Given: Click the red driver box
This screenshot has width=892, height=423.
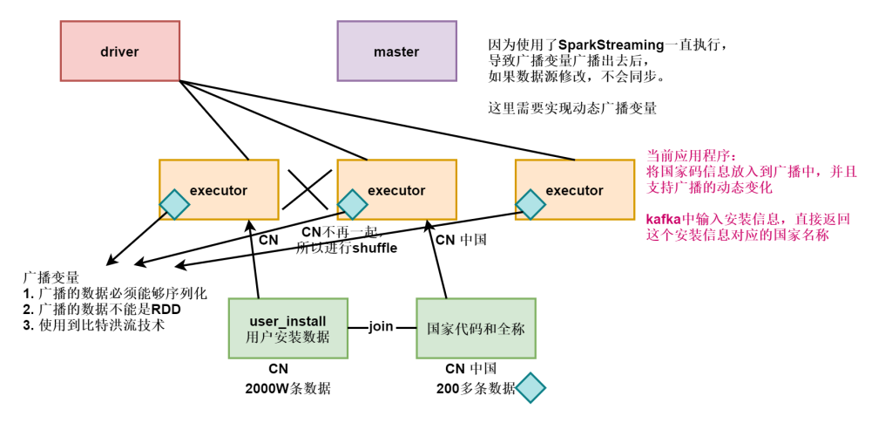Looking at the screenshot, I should [x=119, y=51].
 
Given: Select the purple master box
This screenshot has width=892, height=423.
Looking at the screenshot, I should [x=396, y=51].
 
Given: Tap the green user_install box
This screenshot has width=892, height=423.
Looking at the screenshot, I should [x=287, y=327].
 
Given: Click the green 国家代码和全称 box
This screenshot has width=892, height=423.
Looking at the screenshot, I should [x=476, y=327].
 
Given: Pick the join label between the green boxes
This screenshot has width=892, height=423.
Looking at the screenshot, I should [x=381, y=327].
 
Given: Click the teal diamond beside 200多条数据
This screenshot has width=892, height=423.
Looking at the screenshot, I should [x=530, y=388].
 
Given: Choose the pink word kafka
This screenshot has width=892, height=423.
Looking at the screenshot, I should [x=662, y=219].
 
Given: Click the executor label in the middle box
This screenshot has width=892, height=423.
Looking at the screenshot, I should [x=396, y=190].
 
